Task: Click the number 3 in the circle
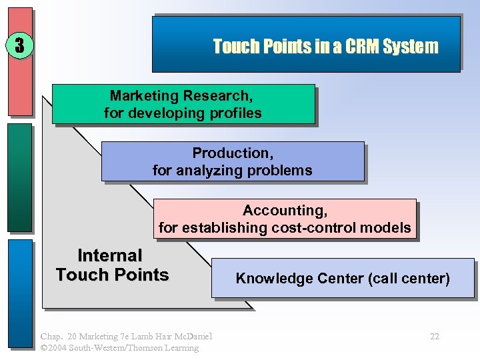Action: (x=20, y=45)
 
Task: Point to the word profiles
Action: (x=233, y=113)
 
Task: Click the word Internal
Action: (x=110, y=255)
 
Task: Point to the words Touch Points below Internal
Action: (x=112, y=275)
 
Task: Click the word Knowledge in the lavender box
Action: (x=267, y=278)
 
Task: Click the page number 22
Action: (x=434, y=337)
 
